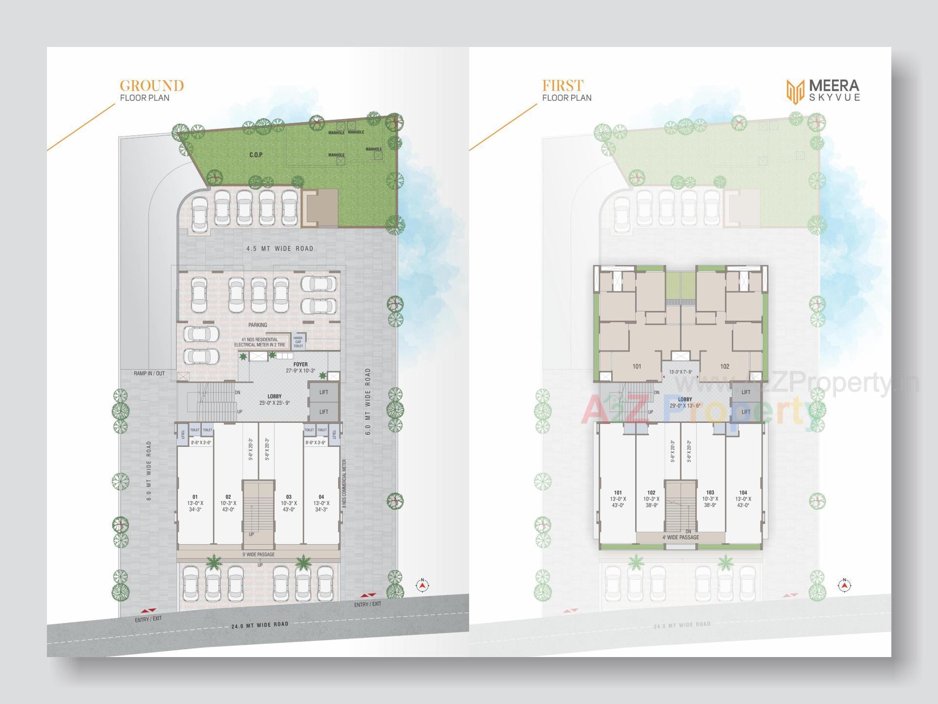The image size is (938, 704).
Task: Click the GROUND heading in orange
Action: pos(151,86)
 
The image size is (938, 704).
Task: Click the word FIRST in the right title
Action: pos(562,86)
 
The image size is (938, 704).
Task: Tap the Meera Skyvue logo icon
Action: pos(795,92)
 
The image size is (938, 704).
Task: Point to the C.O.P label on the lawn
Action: pos(256,155)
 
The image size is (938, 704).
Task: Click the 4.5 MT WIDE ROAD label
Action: pos(280,248)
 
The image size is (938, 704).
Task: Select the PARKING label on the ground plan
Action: pos(257,325)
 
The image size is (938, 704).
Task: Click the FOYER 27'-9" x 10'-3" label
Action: pos(300,367)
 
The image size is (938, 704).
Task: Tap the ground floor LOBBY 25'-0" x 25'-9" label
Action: pos(275,399)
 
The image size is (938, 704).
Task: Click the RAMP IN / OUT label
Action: pos(149,374)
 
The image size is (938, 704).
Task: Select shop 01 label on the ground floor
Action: pos(195,503)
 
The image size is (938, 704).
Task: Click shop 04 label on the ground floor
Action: pos(321,503)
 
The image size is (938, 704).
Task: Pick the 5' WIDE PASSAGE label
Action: pos(258,554)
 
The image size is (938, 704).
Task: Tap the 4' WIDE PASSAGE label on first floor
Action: pos(681,537)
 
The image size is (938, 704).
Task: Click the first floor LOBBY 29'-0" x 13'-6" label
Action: pos(685,402)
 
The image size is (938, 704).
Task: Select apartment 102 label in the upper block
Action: pos(725,366)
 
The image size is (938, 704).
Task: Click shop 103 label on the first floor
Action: pos(710,499)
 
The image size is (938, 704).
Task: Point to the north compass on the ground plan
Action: pos(423,585)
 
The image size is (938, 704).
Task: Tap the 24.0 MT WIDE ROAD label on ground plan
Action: pos(259,625)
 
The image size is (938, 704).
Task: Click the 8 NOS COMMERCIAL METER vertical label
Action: pos(344,484)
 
